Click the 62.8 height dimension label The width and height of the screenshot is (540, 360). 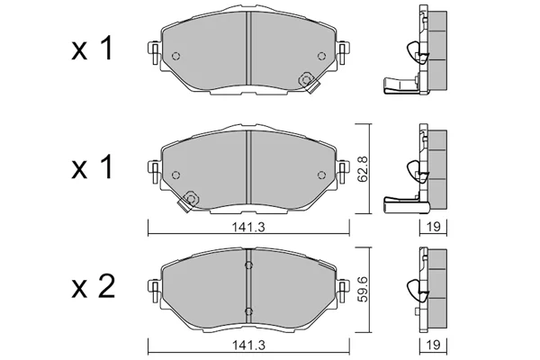pyautogui.click(x=364, y=169)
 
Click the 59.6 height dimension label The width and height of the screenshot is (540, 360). pyautogui.click(x=364, y=288)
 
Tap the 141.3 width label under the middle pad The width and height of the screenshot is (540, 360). pyautogui.click(x=248, y=228)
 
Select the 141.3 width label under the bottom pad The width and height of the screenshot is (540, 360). pyautogui.click(x=248, y=346)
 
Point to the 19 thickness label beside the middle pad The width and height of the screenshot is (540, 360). pyautogui.click(x=433, y=227)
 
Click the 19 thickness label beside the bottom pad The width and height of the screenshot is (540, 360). pyautogui.click(x=433, y=345)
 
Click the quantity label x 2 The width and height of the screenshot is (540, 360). pyautogui.click(x=93, y=288)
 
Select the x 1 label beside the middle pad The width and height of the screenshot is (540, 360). pyautogui.click(x=92, y=166)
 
